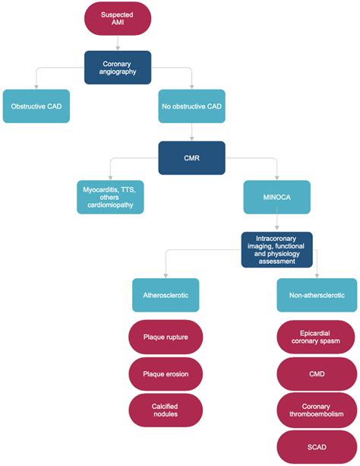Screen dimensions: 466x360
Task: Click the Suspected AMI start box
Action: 117,18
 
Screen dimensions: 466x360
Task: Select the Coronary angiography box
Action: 117,67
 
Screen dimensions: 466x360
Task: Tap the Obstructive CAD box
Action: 36,106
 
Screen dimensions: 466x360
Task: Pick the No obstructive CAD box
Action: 192,106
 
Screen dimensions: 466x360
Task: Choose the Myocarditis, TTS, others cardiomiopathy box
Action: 110,197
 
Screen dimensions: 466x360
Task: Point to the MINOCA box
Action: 277,197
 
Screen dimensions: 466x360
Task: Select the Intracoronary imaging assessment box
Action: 277,249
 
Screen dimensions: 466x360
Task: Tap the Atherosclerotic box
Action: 166,294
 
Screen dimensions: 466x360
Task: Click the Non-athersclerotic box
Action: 316,294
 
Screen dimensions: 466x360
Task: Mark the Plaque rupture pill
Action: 166,337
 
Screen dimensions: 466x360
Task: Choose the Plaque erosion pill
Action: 166,374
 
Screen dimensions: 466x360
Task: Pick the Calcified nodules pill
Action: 166,411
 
